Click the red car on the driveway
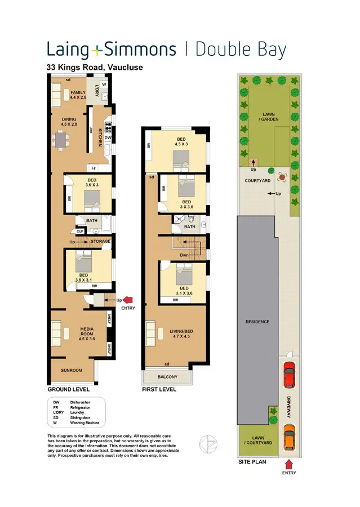[289, 375]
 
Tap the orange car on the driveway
[289, 437]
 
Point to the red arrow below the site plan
[289, 464]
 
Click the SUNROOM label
[72, 370]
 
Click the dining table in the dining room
[60, 139]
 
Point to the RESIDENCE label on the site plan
[257, 322]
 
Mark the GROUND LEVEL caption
[69, 389]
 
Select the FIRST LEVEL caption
[161, 389]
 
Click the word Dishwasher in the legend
[80, 402]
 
